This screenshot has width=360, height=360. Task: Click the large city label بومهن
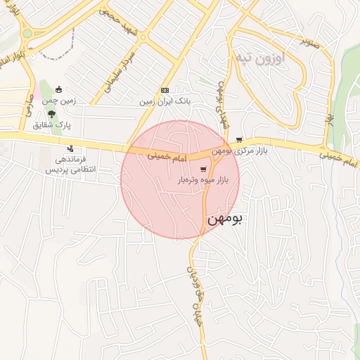pyautogui.click(x=224, y=219)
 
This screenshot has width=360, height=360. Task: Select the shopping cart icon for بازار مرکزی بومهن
pyautogui.click(x=240, y=140)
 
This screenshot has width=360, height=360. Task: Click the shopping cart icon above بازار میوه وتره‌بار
pyautogui.click(x=204, y=169)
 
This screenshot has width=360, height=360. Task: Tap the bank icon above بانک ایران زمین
pyautogui.click(x=165, y=90)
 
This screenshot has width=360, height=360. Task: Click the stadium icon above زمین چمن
pyautogui.click(x=58, y=90)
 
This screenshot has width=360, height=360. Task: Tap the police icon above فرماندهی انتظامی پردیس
pyautogui.click(x=70, y=148)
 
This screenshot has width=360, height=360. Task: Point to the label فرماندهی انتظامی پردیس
pyautogui.click(x=70, y=165)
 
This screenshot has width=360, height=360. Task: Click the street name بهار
pyautogui.click(x=328, y=121)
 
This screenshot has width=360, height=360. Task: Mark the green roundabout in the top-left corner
pyautogui.click(x=27, y=33)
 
